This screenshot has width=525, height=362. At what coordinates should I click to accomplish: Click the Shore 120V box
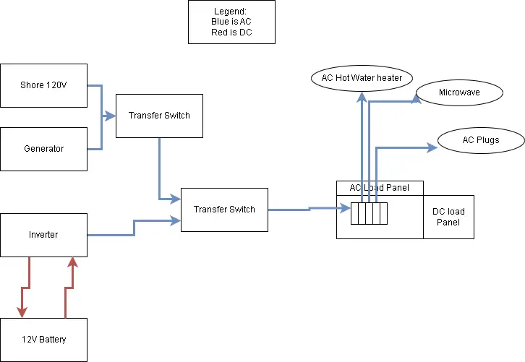tap(43, 85)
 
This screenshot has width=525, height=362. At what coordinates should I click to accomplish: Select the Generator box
tap(43, 149)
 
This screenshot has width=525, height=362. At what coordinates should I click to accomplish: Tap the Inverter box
tap(43, 235)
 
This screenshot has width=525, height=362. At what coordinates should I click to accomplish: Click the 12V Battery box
tap(43, 340)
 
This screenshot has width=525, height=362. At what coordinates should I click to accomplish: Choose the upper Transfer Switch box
tap(159, 116)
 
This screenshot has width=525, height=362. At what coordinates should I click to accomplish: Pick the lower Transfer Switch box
tap(224, 210)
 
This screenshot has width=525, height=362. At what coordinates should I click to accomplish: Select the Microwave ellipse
tap(459, 92)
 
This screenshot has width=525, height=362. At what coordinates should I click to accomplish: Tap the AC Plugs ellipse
tap(481, 139)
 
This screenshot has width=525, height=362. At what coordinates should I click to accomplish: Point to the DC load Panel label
tap(448, 217)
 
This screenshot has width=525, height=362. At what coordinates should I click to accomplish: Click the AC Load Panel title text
tap(379, 188)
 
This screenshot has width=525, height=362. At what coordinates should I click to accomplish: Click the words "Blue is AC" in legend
tap(231, 22)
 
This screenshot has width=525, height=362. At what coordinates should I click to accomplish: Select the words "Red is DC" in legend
tap(231, 33)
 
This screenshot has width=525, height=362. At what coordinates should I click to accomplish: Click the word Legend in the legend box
tap(231, 12)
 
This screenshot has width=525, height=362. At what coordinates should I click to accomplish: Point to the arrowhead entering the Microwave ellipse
tap(416, 101)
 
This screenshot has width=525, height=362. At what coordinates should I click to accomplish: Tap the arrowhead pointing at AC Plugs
tap(432, 147)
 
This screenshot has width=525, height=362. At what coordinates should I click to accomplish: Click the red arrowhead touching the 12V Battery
tap(22, 312)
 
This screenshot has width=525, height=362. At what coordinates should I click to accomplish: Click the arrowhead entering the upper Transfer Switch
tap(111, 116)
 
